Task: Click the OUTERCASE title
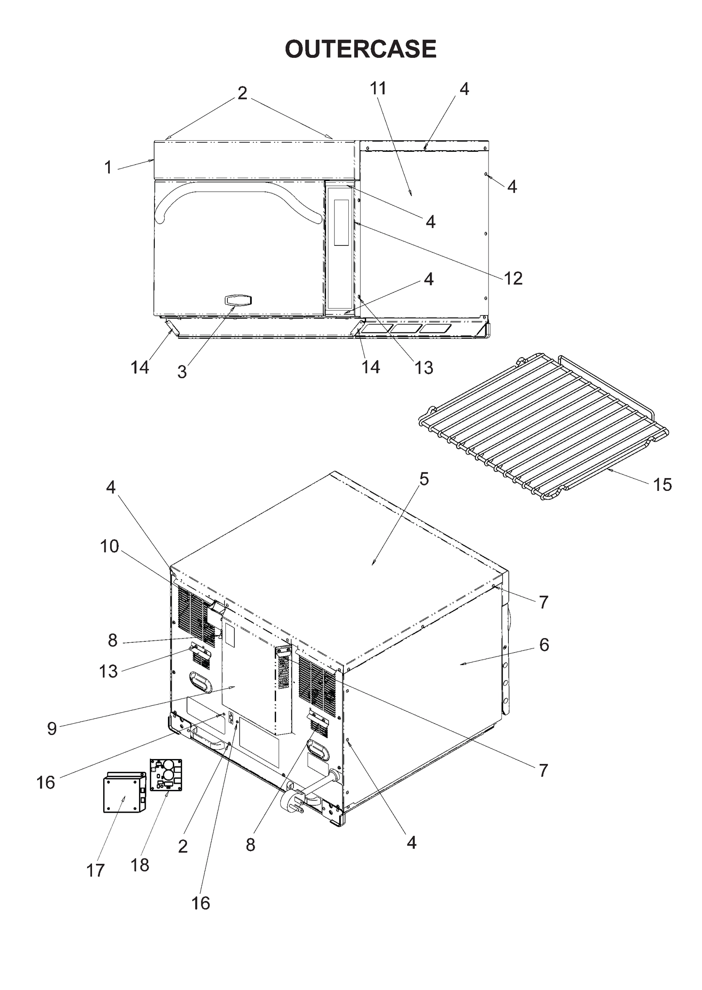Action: pyautogui.click(x=361, y=49)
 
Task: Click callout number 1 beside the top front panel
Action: pyautogui.click(x=108, y=167)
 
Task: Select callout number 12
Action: pyautogui.click(x=513, y=278)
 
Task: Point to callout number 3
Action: pyautogui.click(x=182, y=372)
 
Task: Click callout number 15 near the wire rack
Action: pyautogui.click(x=662, y=485)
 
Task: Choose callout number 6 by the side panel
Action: pyautogui.click(x=544, y=644)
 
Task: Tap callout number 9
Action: pyautogui.click(x=52, y=728)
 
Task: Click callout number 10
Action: pyautogui.click(x=109, y=547)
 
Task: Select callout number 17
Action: pyautogui.click(x=95, y=870)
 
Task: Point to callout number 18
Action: pyautogui.click(x=139, y=865)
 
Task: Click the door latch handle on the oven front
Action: pyautogui.click(x=237, y=300)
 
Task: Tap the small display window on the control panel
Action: pyautogui.click(x=341, y=222)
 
